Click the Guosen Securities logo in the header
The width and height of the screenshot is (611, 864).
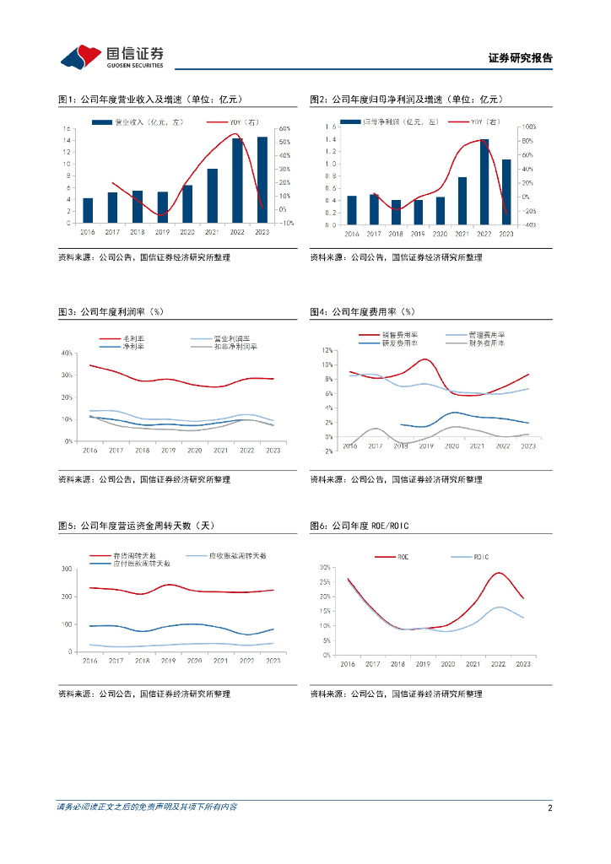tap(111, 57)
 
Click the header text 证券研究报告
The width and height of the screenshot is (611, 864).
tap(521, 59)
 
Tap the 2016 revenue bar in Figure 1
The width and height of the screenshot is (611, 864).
tap(88, 211)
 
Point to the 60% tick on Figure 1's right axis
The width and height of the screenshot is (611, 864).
tap(285, 129)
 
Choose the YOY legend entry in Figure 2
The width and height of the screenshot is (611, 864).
tap(485, 123)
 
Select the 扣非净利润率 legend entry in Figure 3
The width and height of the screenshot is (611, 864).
tap(235, 346)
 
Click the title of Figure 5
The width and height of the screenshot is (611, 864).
tap(136, 526)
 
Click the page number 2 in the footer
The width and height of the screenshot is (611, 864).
tap(549, 807)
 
